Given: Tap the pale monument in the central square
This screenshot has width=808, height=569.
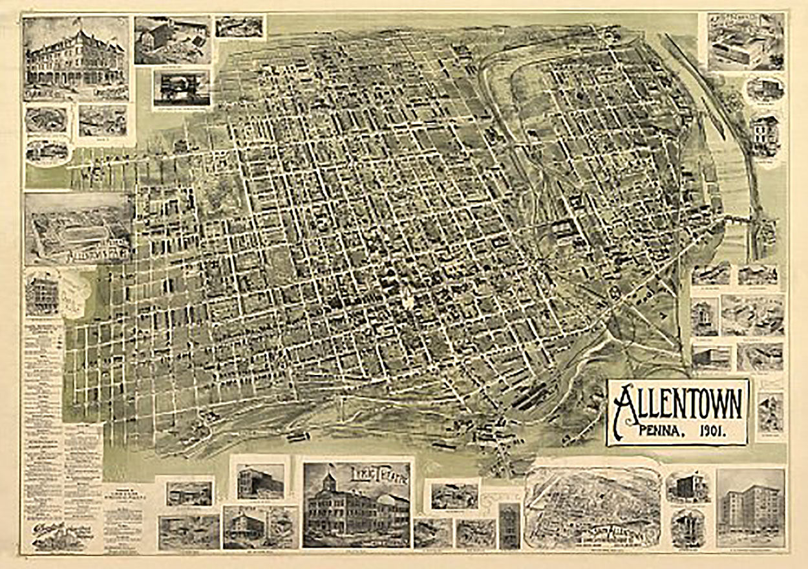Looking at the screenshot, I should point(406,299).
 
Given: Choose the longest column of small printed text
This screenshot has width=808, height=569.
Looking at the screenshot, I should point(43,401).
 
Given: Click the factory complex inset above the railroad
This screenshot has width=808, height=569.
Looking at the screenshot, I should point(745,42).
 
